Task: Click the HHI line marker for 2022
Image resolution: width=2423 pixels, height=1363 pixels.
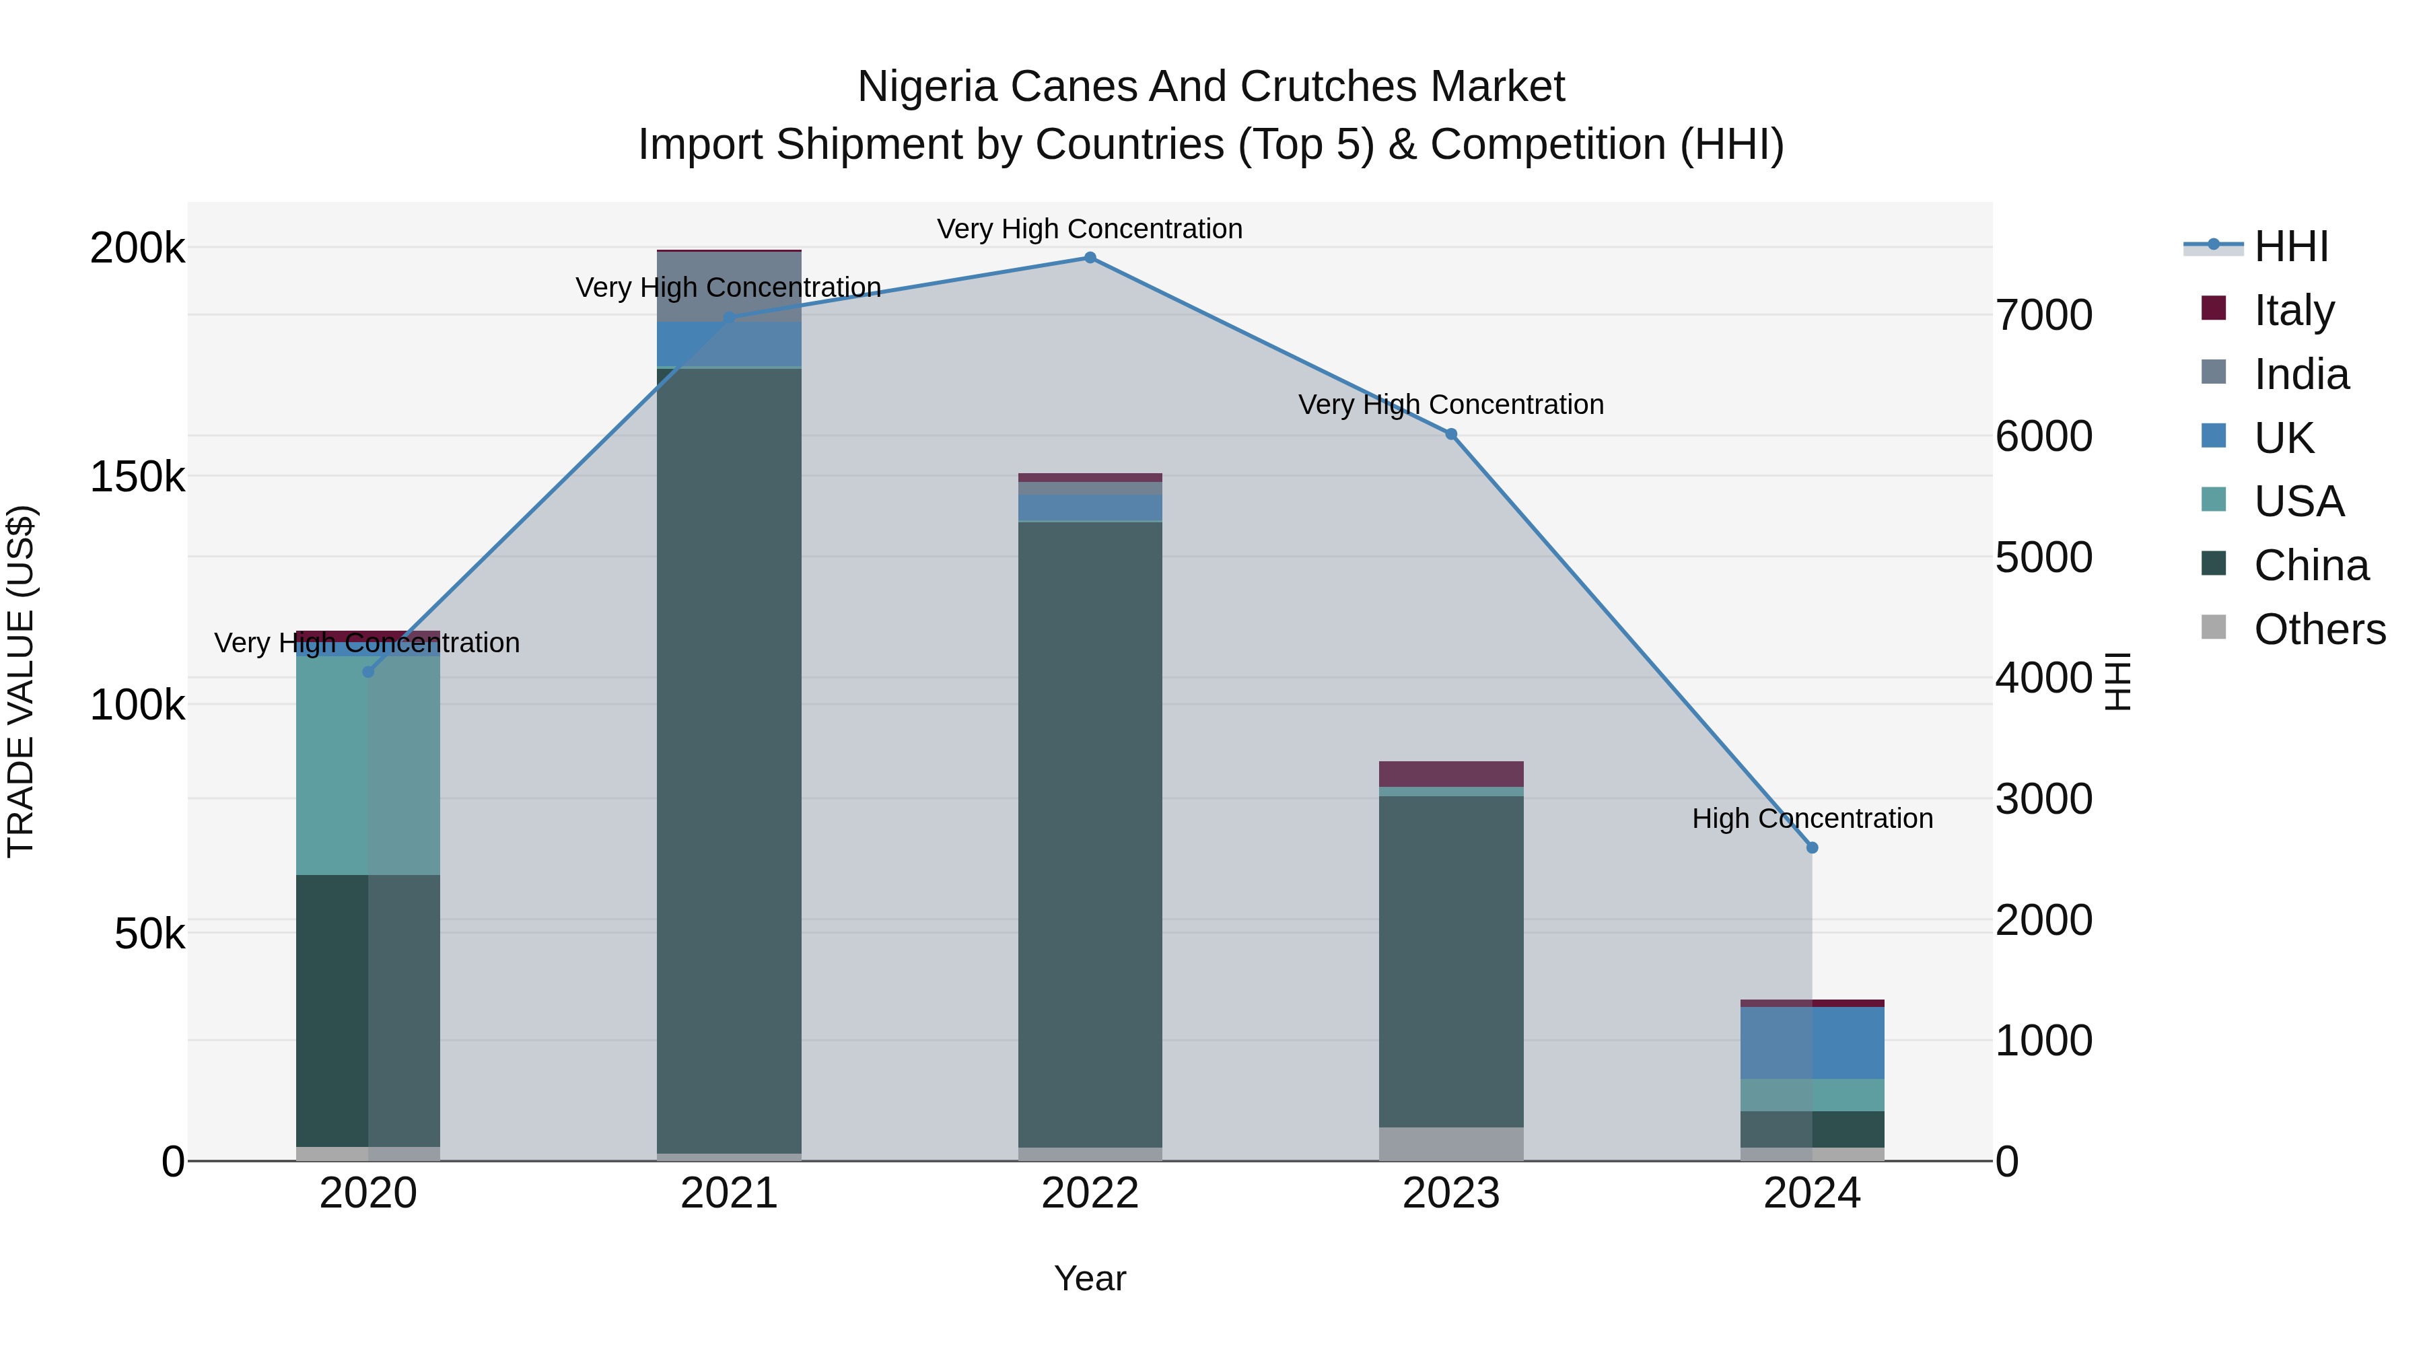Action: click(1090, 258)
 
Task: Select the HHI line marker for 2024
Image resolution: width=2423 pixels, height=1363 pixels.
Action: click(1813, 847)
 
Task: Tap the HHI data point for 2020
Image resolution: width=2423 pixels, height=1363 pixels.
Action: click(367, 672)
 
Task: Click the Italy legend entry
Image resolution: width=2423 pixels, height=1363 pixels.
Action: click(2293, 310)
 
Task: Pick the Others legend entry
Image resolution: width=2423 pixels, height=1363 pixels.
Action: click(2319, 629)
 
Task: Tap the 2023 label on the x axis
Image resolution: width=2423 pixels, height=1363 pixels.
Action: click(1450, 1193)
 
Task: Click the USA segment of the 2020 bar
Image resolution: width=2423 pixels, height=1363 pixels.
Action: click(367, 764)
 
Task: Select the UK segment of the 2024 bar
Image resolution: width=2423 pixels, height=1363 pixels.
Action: click(1813, 1042)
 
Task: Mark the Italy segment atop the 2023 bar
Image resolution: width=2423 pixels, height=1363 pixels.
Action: click(1450, 773)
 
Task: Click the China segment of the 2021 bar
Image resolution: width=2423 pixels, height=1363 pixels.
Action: click(729, 753)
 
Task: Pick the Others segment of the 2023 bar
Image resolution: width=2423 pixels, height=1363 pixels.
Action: click(1450, 1143)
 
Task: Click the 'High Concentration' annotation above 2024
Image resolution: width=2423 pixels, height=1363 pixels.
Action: click(1812, 818)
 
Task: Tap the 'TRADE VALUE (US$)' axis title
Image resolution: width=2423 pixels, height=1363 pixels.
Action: click(21, 681)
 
